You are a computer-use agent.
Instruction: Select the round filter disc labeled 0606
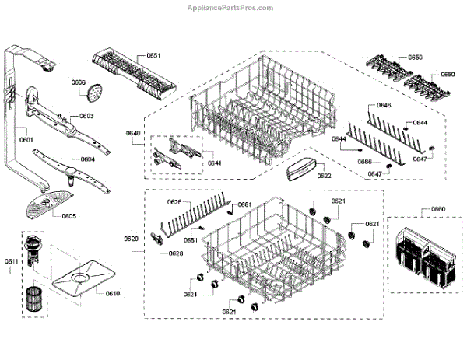95,94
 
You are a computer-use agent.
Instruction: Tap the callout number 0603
86,116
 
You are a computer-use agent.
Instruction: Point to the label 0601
26,140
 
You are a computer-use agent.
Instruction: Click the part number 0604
87,159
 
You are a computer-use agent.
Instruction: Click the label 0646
384,105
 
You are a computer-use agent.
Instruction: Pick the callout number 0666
363,161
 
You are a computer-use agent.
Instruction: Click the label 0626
174,202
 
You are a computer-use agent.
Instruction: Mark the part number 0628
177,253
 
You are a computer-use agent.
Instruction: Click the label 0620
131,238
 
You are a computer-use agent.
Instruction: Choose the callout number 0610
113,293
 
